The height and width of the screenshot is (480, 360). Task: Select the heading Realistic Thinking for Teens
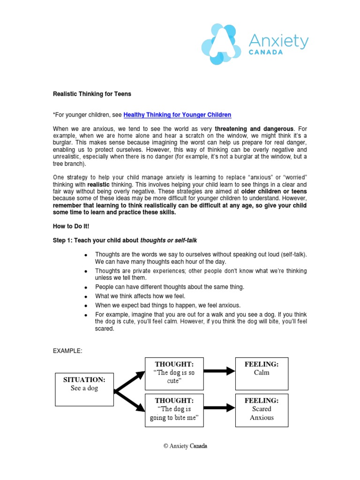tap(92, 94)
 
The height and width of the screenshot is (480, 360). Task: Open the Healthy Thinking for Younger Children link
tap(177, 115)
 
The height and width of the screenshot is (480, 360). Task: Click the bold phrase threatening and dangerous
tap(254, 128)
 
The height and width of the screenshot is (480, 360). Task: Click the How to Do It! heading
tap(71, 226)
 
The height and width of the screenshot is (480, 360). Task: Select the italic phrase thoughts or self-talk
tap(169, 240)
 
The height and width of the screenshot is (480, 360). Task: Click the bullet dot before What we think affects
tap(86, 297)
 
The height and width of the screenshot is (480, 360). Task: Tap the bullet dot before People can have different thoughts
tap(86, 287)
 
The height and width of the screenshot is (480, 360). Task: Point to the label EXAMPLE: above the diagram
tap(67, 351)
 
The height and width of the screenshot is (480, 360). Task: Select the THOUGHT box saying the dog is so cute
tap(174, 373)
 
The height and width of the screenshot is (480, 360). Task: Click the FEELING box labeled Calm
tap(262, 373)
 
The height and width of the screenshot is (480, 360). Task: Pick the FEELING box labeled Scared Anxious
tap(262, 410)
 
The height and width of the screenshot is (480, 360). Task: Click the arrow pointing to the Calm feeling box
tap(219, 371)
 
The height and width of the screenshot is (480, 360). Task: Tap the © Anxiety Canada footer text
tap(185, 446)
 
